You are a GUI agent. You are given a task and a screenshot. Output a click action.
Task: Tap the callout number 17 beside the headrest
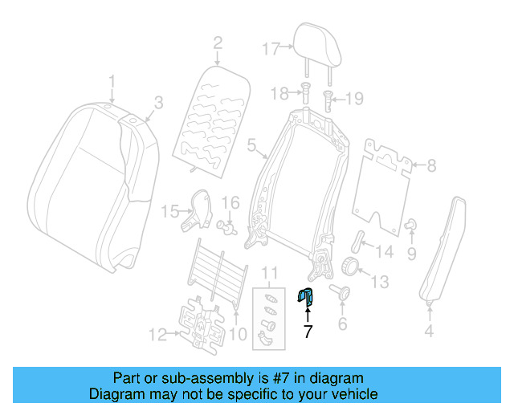coord(271,47)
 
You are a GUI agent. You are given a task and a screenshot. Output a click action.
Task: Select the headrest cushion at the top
coord(314,40)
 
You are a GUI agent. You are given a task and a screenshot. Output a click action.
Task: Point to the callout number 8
coord(431,166)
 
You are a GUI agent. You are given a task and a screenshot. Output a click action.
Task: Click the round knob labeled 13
coord(350,267)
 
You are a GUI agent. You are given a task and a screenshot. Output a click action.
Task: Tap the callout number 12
coord(157,332)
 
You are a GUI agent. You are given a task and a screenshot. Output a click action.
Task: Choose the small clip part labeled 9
coord(410,224)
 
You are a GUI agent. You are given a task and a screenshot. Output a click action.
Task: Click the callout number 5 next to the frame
coord(251,146)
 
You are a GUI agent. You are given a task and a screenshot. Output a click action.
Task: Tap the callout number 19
coord(354,99)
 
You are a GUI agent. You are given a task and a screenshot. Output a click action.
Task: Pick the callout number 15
coord(169,211)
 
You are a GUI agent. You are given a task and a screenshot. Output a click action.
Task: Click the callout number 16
coord(230,202)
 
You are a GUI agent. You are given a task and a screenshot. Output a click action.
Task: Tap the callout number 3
coord(158,102)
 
